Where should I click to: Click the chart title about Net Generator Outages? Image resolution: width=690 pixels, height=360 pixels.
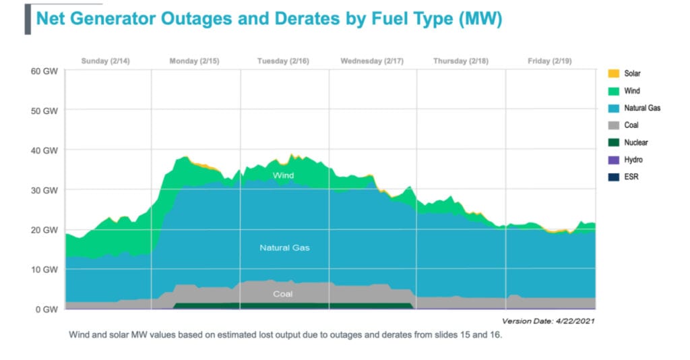(x=269, y=19)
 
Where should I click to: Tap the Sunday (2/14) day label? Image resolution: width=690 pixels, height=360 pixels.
(x=105, y=61)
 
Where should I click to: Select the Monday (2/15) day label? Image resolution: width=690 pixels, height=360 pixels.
(x=194, y=61)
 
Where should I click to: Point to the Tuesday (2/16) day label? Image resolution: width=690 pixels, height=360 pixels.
(x=283, y=61)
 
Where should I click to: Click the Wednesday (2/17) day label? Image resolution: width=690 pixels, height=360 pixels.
(x=372, y=61)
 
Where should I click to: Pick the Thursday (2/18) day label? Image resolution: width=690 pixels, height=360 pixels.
(x=461, y=61)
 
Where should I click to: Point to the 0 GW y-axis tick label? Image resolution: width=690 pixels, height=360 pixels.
(x=47, y=309)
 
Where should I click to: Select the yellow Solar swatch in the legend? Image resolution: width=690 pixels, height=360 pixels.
(x=613, y=73)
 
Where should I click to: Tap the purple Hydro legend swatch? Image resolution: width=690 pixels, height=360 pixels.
(x=613, y=160)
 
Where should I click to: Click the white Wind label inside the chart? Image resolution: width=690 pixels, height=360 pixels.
(x=283, y=175)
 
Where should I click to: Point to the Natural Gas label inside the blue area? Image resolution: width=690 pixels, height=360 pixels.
(x=284, y=248)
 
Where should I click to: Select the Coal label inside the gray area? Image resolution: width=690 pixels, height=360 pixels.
(x=283, y=294)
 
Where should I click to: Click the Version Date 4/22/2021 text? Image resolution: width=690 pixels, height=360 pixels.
(x=548, y=321)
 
